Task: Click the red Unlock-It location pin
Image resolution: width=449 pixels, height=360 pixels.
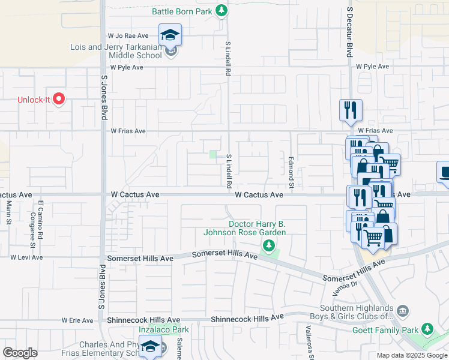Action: pyautogui.click(x=58, y=98)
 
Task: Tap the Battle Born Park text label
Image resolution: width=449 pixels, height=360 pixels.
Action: pyautogui.click(x=181, y=10)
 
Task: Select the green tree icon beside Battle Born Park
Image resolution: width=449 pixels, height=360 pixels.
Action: pyautogui.click(x=222, y=10)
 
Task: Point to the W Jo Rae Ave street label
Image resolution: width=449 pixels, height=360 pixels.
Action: pyautogui.click(x=128, y=36)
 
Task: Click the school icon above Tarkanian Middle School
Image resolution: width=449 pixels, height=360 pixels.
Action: pyautogui.click(x=170, y=34)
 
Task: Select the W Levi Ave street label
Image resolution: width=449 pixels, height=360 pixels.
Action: pyautogui.click(x=26, y=257)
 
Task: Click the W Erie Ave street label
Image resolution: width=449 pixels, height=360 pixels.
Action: pyautogui.click(x=78, y=320)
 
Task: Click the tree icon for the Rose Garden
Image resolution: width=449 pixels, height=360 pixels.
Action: pyautogui.click(x=269, y=245)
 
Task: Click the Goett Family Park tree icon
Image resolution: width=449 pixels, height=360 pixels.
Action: pyautogui.click(x=427, y=329)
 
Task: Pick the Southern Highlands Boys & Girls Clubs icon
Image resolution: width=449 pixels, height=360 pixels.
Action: pyautogui.click(x=403, y=310)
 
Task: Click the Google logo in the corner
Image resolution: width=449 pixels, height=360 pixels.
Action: pyautogui.click(x=20, y=353)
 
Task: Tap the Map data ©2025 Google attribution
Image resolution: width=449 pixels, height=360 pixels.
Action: pyautogui.click(x=411, y=355)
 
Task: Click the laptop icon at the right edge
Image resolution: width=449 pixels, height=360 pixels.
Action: pyautogui.click(x=444, y=173)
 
